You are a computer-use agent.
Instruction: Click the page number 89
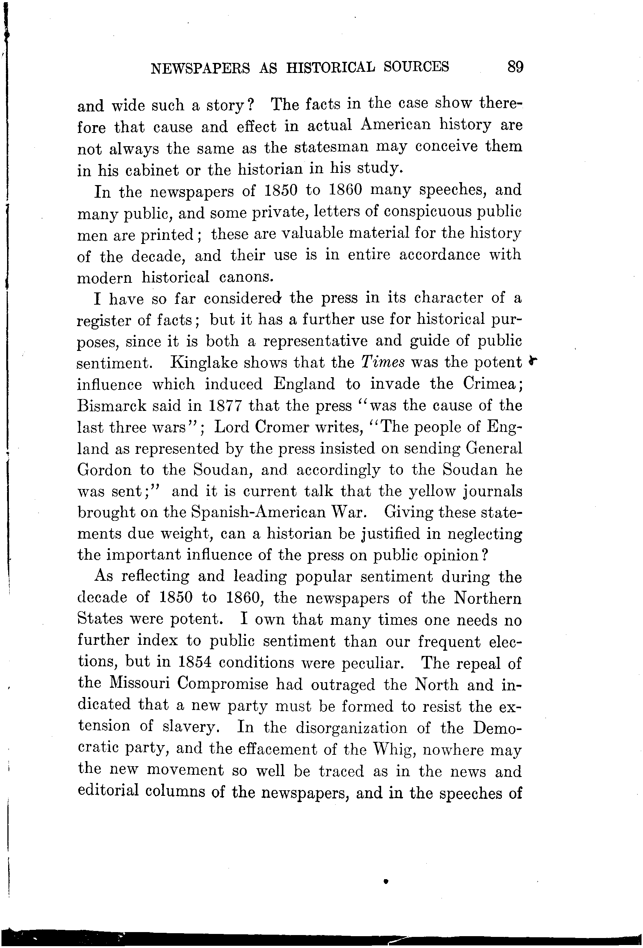515,67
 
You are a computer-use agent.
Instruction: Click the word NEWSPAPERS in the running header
200,68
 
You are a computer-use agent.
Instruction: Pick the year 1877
226,406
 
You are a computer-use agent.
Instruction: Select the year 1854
194,663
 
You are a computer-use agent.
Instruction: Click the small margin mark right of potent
532,361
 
